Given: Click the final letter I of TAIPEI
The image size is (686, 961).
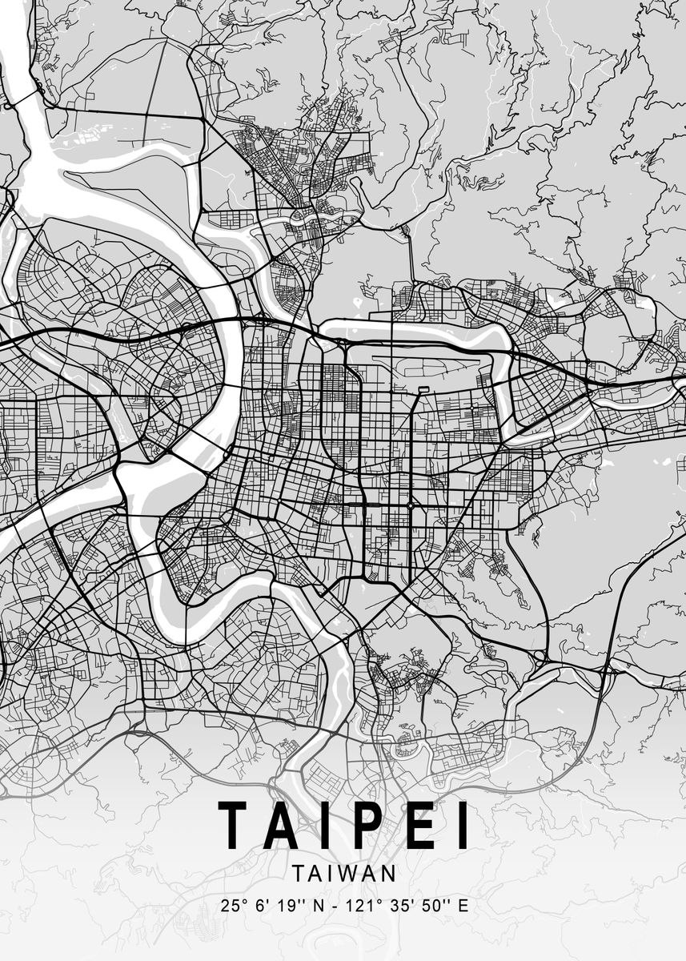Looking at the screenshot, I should (462, 826).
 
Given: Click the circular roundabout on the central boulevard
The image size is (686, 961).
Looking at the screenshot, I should (411, 505).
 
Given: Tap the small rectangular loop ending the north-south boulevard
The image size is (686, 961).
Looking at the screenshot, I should (423, 389).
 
